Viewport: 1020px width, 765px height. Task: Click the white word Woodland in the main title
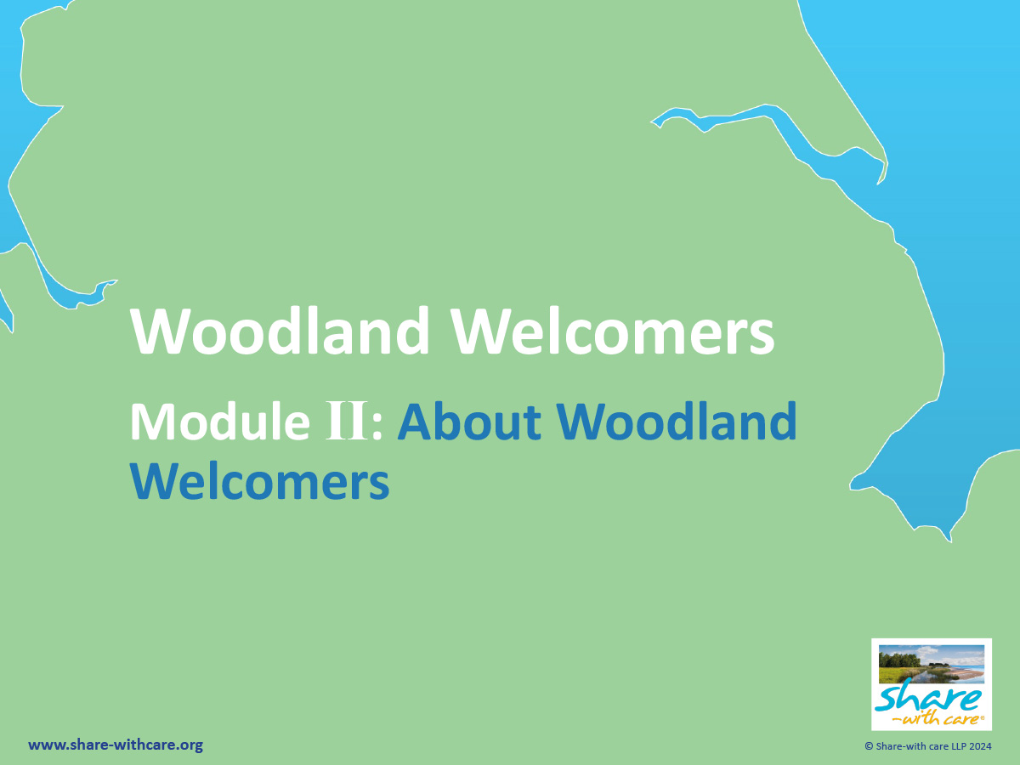pos(280,331)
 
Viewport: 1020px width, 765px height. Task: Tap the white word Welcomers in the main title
pos(614,331)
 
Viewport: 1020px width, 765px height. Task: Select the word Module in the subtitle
pos(220,422)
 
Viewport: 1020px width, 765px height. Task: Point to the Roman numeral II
pos(347,421)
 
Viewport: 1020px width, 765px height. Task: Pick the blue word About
pos(469,422)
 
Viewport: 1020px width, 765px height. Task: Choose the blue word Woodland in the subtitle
pos(677,422)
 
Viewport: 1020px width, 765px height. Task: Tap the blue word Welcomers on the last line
pos(259,481)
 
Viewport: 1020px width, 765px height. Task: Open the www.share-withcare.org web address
pos(116,745)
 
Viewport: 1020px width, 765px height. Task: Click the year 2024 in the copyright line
pos(979,746)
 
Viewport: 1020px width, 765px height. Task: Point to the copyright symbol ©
pos(869,746)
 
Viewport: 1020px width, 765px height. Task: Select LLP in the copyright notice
pos(956,746)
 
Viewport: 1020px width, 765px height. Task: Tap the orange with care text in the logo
pos(938,719)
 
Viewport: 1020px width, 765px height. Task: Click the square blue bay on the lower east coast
pos(925,492)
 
